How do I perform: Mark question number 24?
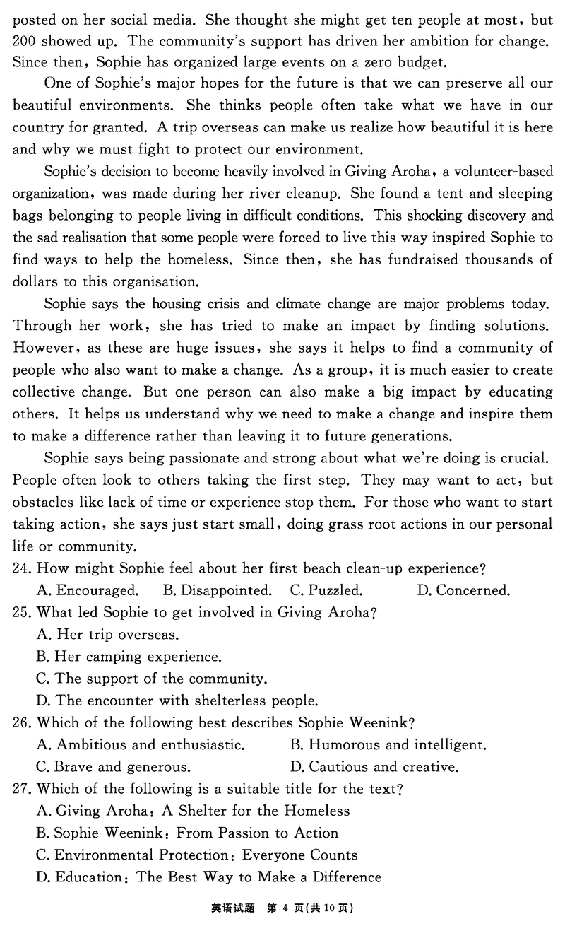click(23, 568)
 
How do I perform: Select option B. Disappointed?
click(217, 590)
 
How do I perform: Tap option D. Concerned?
click(463, 590)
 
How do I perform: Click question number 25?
click(23, 612)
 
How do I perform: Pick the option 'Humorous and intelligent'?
click(388, 744)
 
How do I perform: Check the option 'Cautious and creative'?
click(374, 767)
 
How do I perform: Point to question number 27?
click(23, 788)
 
